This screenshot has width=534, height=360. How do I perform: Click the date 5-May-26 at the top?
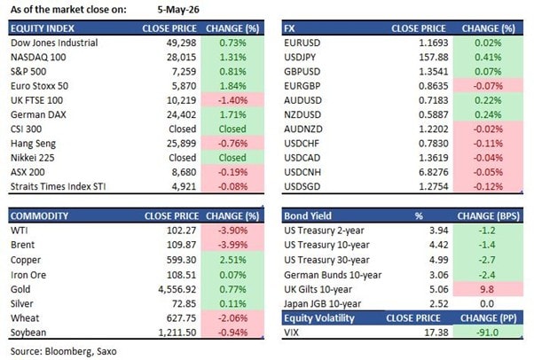178,10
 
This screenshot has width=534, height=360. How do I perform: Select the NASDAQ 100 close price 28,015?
181,58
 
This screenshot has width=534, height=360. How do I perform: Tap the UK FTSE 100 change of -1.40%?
232,100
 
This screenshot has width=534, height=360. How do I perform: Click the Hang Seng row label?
33,144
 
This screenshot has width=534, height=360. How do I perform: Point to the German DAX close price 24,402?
181,114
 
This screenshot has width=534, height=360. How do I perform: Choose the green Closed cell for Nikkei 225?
232,158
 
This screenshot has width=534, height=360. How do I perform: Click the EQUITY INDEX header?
43,28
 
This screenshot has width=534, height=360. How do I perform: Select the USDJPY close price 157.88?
434,58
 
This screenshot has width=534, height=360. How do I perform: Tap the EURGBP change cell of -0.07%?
488,86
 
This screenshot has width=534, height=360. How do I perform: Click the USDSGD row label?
302,186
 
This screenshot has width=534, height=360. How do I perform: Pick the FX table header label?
289,28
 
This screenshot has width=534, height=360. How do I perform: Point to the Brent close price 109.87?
181,245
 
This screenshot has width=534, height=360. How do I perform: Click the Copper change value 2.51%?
232,260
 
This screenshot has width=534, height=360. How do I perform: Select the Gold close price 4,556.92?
177,289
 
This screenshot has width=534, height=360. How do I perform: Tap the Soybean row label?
28,333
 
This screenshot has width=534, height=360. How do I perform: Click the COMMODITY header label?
39,216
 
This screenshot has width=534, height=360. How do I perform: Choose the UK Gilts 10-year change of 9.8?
487,289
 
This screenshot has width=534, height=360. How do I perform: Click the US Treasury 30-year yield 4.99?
438,260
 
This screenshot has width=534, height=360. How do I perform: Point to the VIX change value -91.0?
488,333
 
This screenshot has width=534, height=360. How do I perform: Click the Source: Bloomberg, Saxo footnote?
63,351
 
